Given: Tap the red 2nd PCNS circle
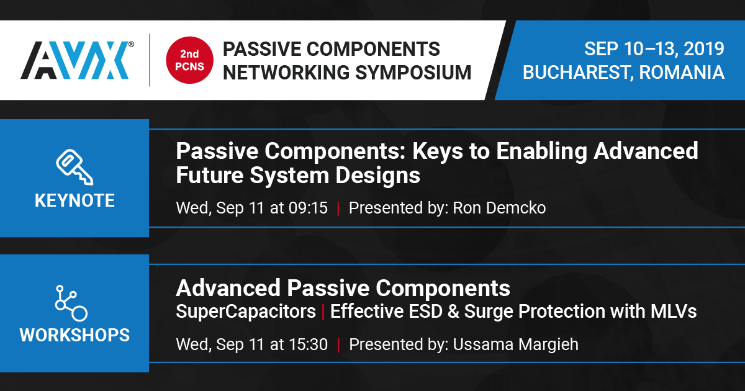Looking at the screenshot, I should [x=186, y=60].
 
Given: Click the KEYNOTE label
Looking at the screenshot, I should [x=74, y=200].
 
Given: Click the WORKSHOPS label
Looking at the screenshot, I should [x=74, y=335].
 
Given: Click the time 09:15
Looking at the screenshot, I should [x=308, y=208].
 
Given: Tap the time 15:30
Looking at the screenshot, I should [x=308, y=344].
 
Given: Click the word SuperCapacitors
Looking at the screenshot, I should [x=246, y=311].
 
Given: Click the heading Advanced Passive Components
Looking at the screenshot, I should [x=343, y=288].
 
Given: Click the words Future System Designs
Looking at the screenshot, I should [x=298, y=175].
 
